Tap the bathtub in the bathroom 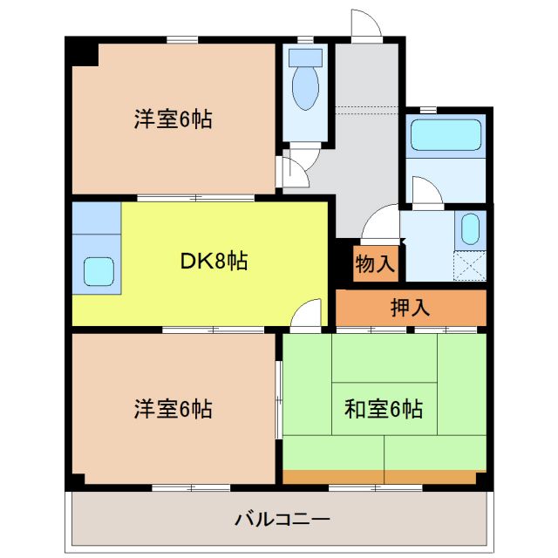point(446,135)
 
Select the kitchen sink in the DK point(98,272)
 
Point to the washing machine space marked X point(470,262)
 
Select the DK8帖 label point(214,260)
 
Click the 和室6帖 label point(384,407)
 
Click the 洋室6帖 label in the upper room point(173,119)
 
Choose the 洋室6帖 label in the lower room point(173,407)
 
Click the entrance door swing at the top point(366,25)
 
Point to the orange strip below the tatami point(379,476)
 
